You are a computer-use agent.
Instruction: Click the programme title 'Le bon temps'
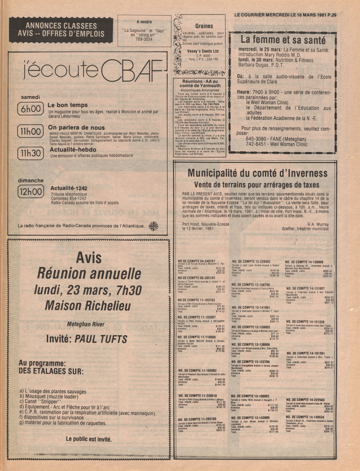pyautogui.click(x=68, y=105)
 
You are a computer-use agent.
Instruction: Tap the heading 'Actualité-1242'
pyautogui.click(x=69, y=188)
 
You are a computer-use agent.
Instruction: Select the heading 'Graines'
pyautogui.click(x=204, y=26)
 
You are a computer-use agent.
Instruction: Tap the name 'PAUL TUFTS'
pyautogui.click(x=101, y=339)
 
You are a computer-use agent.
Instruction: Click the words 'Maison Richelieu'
pyautogui.click(x=88, y=306)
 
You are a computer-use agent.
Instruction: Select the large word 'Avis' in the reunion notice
pyautogui.click(x=88, y=258)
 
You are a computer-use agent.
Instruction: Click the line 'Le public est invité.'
pyautogui.click(x=89, y=439)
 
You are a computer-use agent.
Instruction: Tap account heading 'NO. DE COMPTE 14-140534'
pyautogui.click(x=305, y=417)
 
